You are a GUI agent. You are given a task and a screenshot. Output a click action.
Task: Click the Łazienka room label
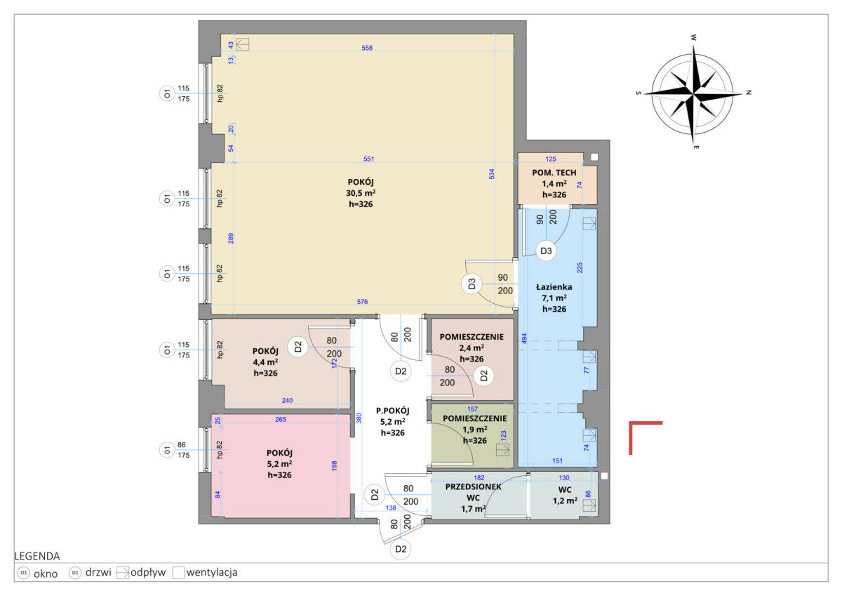click(554, 287)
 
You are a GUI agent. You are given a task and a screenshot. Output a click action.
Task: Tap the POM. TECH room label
click(554, 173)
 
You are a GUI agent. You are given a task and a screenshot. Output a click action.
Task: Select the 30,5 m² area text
click(361, 193)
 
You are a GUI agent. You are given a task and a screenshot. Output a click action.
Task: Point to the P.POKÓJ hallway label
click(392, 411)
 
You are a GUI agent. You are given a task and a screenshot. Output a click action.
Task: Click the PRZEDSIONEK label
click(473, 486)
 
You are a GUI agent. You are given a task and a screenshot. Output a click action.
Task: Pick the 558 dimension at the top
click(367, 48)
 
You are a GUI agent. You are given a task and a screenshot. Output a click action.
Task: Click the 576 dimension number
click(362, 302)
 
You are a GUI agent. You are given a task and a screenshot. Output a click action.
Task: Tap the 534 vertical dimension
click(491, 173)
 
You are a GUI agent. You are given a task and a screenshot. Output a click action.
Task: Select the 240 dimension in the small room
click(287, 400)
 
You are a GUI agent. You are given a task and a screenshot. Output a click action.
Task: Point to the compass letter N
click(749, 92)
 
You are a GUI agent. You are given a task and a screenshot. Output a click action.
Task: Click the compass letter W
click(693, 38)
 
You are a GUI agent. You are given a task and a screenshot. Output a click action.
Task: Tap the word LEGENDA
click(36, 556)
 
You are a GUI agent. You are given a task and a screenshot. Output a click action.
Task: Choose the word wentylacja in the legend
click(212, 572)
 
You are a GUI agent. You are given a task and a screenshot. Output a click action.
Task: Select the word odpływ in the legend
click(148, 573)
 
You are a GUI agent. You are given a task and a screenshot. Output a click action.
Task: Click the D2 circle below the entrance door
click(401, 549)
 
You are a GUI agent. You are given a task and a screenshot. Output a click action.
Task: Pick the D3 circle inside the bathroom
click(546, 251)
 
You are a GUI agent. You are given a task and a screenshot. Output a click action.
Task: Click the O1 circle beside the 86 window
click(167, 450)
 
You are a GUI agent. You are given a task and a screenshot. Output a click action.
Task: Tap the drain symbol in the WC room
click(589, 505)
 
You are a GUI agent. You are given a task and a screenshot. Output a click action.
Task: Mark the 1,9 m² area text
click(475, 430)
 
